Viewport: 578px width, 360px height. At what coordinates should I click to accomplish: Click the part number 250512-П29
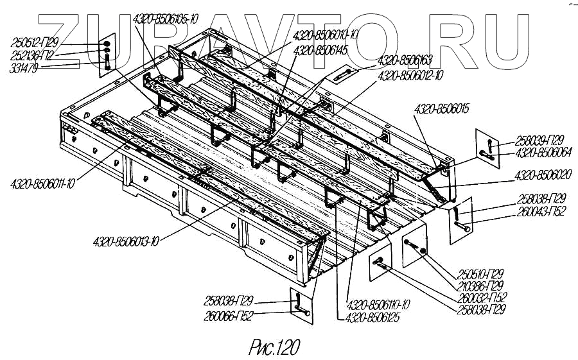click(35, 43)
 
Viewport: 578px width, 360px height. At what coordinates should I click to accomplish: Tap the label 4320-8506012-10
click(411, 76)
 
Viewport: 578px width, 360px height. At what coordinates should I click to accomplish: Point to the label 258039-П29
click(541, 141)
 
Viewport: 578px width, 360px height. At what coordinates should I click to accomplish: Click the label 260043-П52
click(542, 211)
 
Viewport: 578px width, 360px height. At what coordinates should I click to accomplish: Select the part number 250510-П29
click(481, 273)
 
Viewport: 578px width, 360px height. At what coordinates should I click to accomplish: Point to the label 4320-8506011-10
click(43, 184)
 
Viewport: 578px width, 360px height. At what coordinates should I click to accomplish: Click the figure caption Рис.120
click(274, 347)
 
